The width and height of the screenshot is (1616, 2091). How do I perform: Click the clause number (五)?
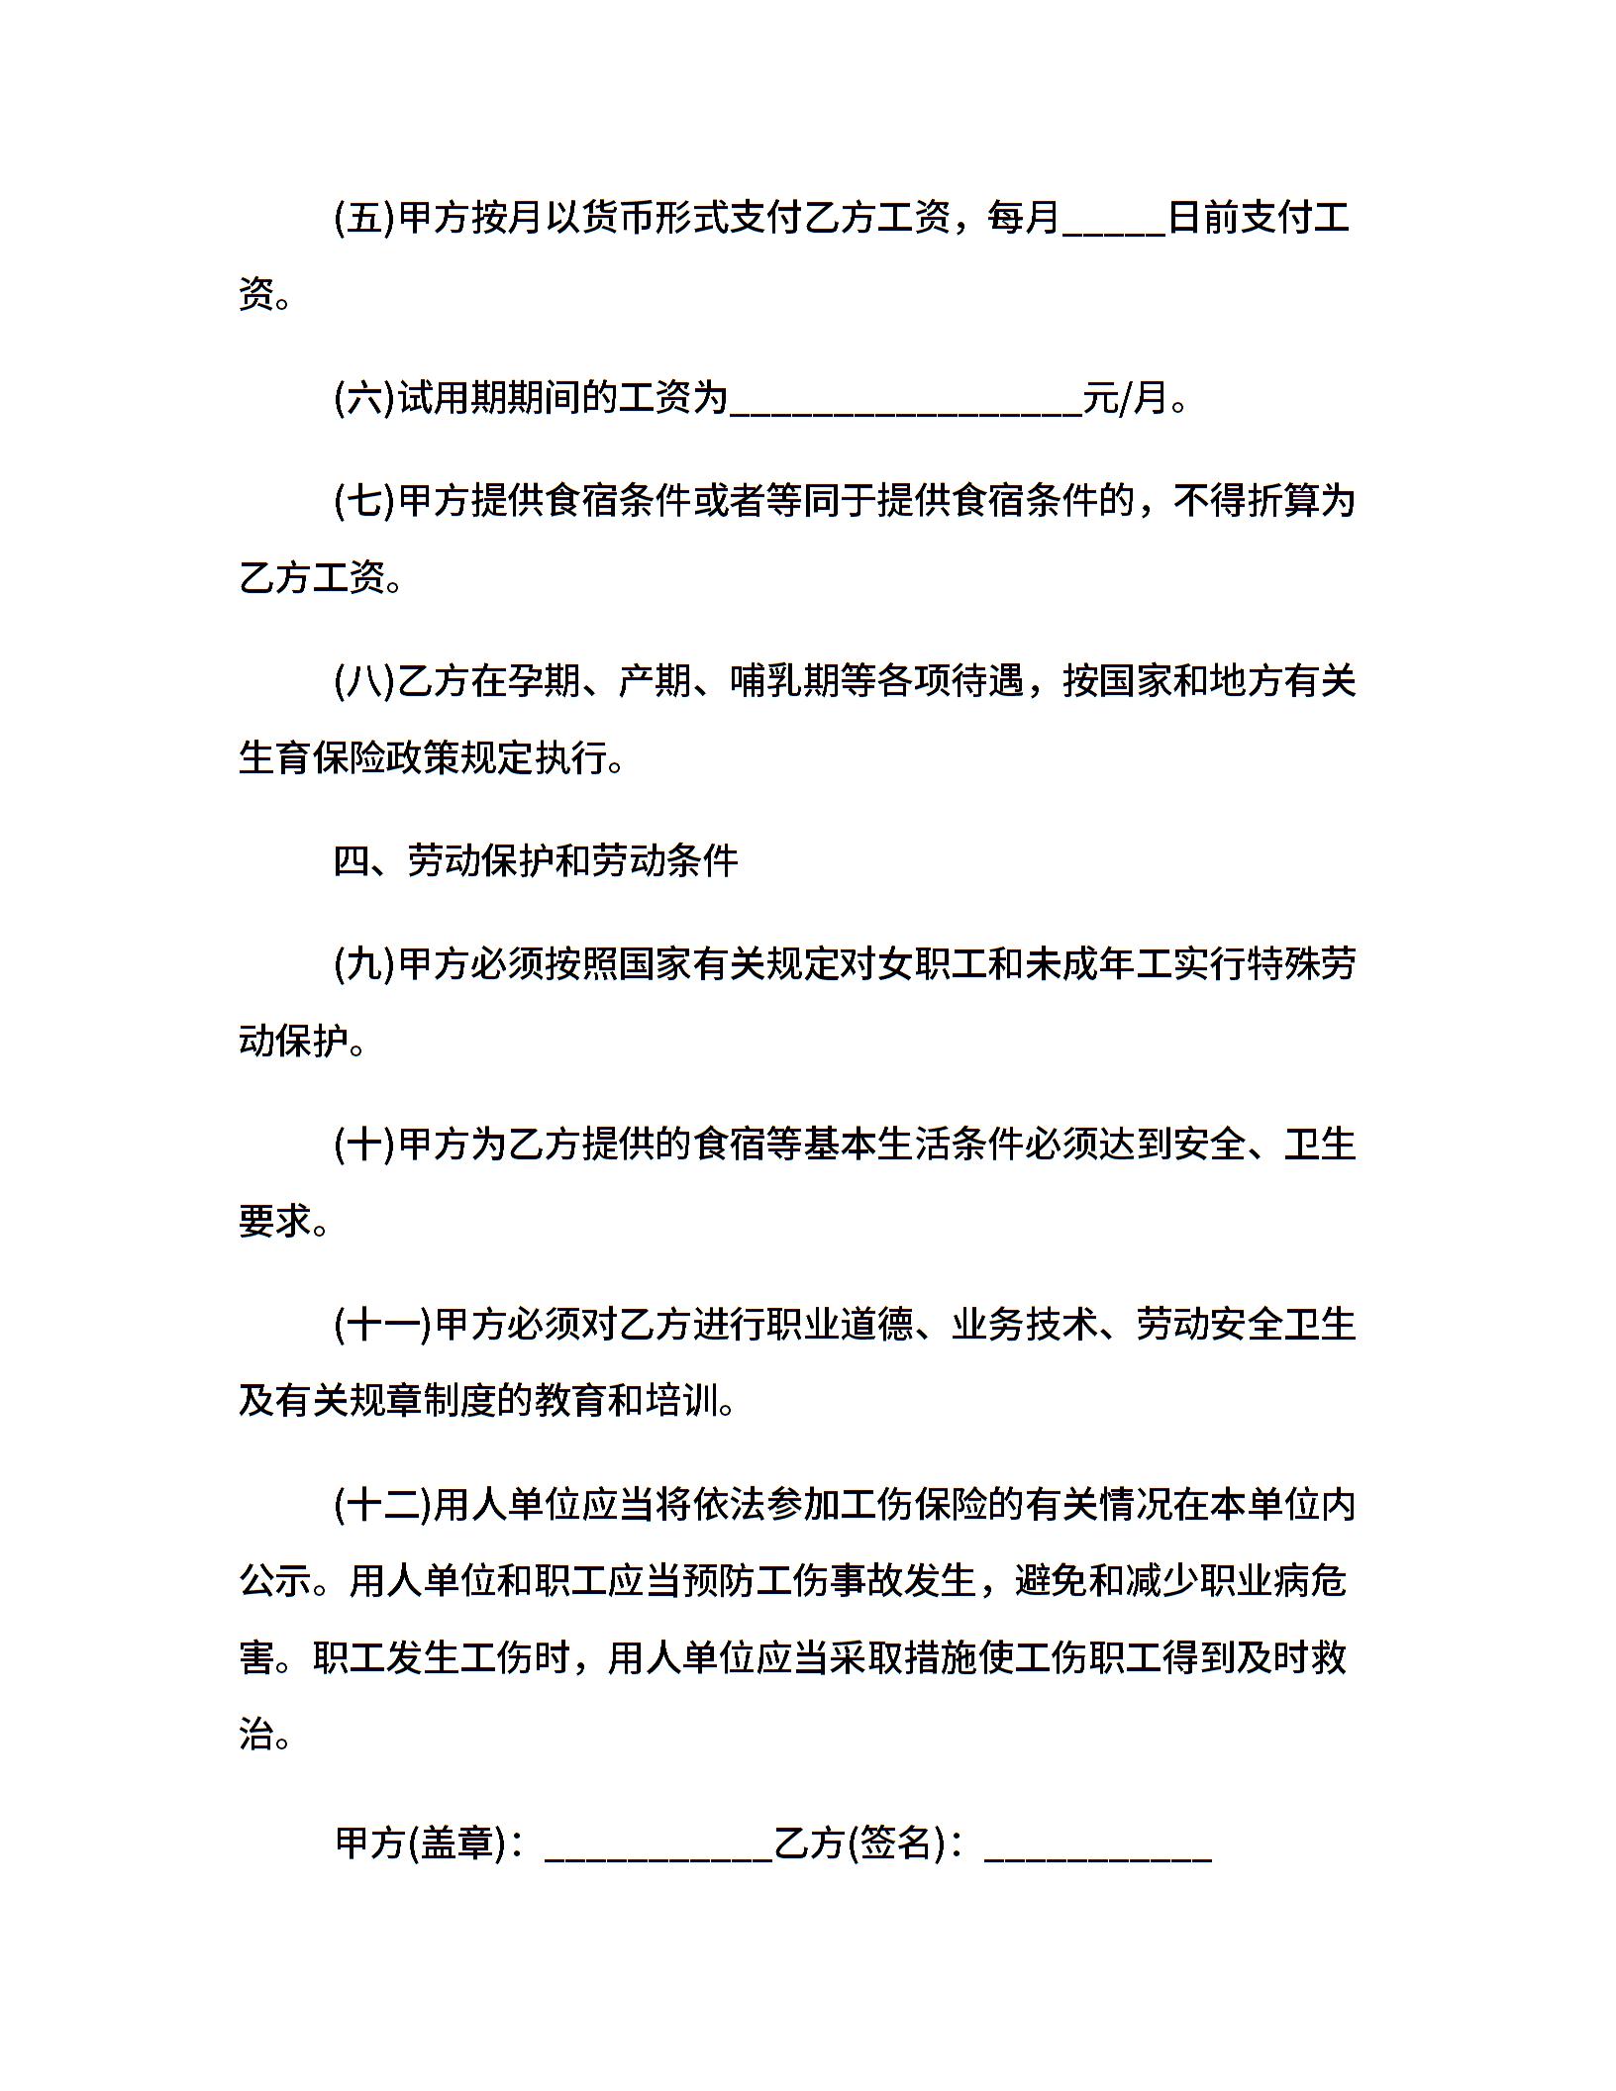[x=364, y=217]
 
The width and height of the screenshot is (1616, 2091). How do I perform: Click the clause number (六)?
[x=364, y=399]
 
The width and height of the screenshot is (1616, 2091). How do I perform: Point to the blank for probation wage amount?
[x=905, y=404]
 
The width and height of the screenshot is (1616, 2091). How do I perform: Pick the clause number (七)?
[x=364, y=500]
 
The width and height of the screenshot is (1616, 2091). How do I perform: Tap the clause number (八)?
[x=364, y=681]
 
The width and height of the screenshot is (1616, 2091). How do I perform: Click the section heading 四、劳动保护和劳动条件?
[x=536, y=860]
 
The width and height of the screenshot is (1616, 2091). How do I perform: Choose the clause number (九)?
[x=364, y=963]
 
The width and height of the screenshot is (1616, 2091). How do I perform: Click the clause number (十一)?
[x=383, y=1325]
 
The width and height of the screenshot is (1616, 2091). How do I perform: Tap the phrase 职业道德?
[x=840, y=1325]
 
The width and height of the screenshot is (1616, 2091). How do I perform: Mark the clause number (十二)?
[x=383, y=1505]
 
